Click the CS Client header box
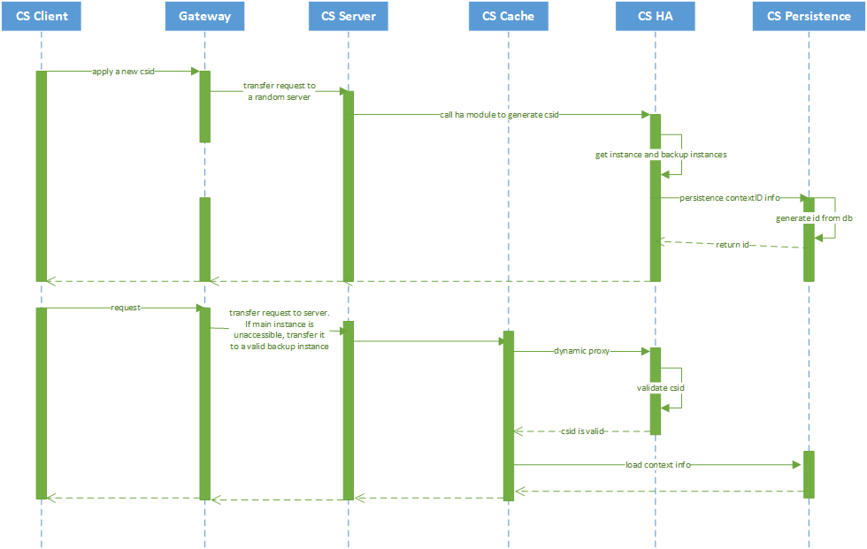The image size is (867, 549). coord(42,16)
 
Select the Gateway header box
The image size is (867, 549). coord(204,16)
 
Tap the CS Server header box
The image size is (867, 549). coord(348,16)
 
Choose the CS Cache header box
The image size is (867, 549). coord(509,16)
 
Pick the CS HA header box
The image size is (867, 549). coord(656,16)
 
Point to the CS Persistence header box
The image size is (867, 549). coord(809,16)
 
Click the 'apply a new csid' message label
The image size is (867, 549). coord(123,71)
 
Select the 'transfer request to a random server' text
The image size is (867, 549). coord(279,92)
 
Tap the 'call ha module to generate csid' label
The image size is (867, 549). coord(499,114)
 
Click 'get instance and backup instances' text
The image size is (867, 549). coord(660,155)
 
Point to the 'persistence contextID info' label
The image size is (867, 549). coord(730,198)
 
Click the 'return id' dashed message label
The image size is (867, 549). coord(733,244)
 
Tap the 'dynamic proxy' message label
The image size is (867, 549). coord(582,351)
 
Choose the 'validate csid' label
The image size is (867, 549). coord(660,388)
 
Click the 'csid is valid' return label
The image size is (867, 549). coord(582,431)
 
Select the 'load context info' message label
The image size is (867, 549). coord(657,464)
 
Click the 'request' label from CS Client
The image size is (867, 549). coord(126,308)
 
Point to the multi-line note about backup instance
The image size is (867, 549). coord(279,330)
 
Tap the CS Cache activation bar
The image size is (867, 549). coord(509,416)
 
